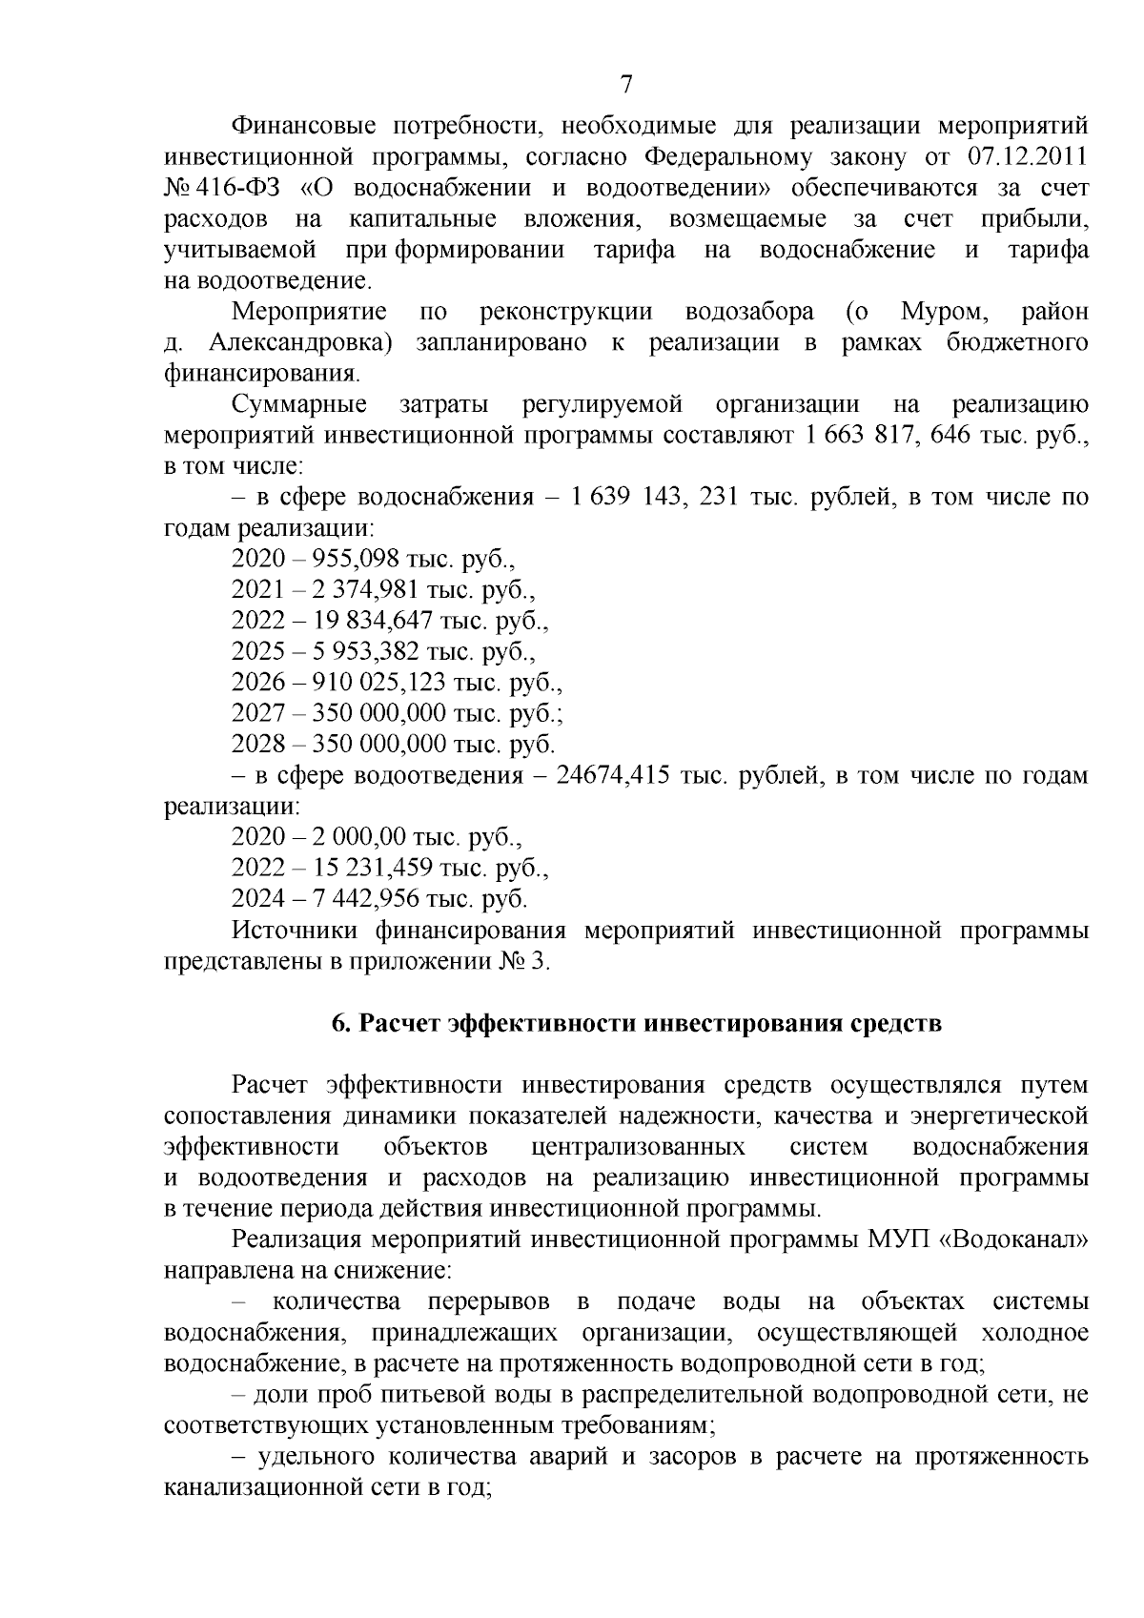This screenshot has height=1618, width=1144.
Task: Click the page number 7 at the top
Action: (x=626, y=85)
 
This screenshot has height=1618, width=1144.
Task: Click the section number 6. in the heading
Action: (x=341, y=1024)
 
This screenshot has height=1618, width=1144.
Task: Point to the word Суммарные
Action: (x=300, y=405)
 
